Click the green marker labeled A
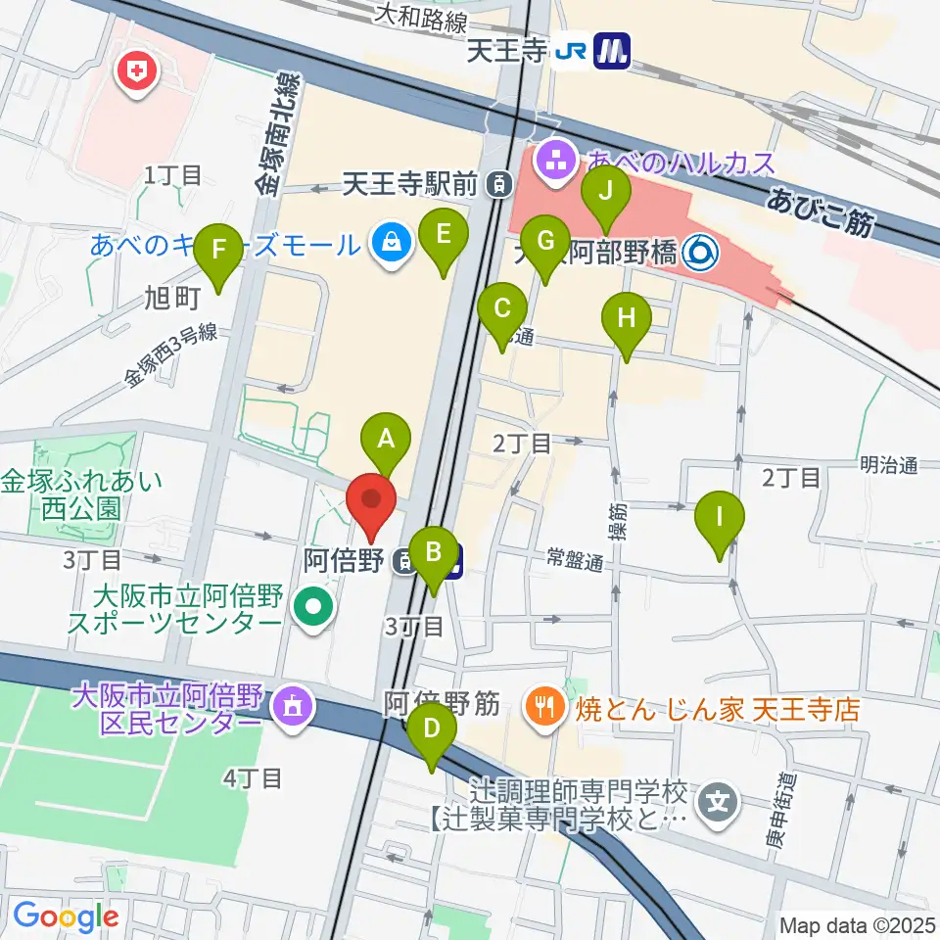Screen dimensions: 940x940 [386, 439]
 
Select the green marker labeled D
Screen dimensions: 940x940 [432, 730]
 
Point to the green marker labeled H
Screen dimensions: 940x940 [626, 320]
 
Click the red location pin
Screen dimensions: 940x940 [372, 502]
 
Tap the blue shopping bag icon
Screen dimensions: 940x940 [391, 241]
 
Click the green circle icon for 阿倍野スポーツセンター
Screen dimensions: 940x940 [311, 608]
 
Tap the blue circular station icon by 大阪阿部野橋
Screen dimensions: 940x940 [700, 255]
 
